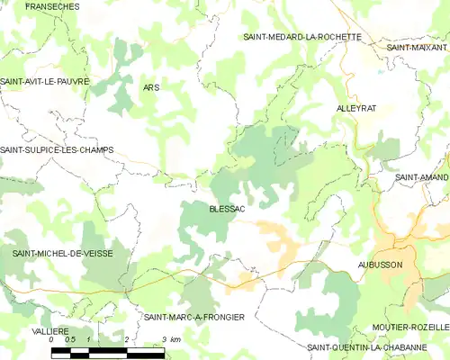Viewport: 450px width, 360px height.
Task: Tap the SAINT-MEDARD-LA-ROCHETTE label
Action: pyautogui.click(x=302, y=37)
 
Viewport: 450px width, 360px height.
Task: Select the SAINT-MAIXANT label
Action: pyautogui.click(x=417, y=47)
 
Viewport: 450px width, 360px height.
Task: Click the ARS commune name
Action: pyautogui.click(x=150, y=87)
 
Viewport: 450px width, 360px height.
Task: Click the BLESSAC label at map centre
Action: pyautogui.click(x=227, y=208)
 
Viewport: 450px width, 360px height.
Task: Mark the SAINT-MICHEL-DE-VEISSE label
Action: pyautogui.click(x=62, y=254)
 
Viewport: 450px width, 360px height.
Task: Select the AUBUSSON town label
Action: pyautogui.click(x=379, y=265)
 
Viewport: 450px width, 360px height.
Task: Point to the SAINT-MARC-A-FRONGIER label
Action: pyautogui.click(x=194, y=318)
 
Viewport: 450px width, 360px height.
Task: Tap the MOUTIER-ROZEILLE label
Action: pyautogui.click(x=409, y=327)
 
